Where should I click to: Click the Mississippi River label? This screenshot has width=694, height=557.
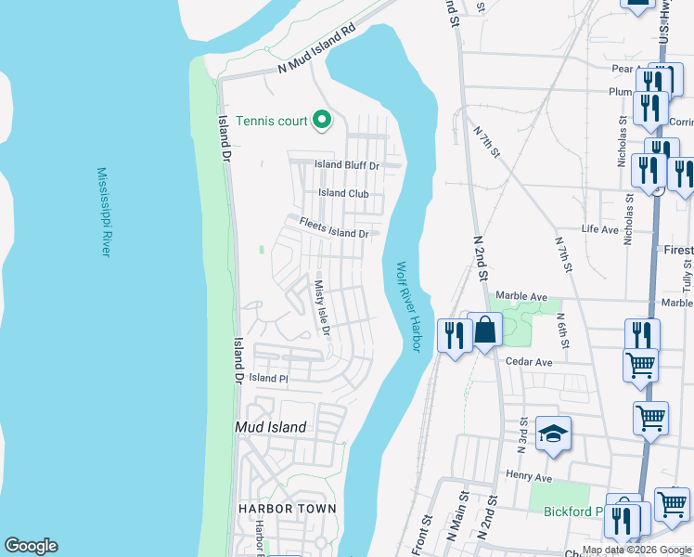[x=105, y=213]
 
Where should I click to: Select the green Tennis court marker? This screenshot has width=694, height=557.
[x=322, y=120]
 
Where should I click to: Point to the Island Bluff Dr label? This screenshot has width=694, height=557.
[x=347, y=165]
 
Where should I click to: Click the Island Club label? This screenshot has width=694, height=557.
[x=343, y=194]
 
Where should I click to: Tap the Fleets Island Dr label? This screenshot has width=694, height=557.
[x=333, y=227]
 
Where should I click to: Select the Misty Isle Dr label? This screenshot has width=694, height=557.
[x=322, y=309]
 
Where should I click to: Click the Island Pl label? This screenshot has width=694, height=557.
[x=269, y=379]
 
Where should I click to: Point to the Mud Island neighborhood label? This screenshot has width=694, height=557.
[x=270, y=427]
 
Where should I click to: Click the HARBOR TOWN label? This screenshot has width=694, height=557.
[x=286, y=509]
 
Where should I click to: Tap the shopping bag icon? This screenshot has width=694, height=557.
[x=484, y=330]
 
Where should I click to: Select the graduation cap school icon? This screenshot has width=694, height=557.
[x=553, y=434]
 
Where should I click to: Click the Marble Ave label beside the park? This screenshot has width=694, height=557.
[x=522, y=296]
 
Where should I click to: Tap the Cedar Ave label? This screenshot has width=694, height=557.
[x=530, y=362]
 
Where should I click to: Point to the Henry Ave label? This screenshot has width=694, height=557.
[x=529, y=477]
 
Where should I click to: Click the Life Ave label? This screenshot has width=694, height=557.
[x=599, y=228]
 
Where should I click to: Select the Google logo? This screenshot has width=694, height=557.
[x=31, y=546]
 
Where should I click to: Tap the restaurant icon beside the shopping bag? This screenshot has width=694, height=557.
[x=453, y=333]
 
